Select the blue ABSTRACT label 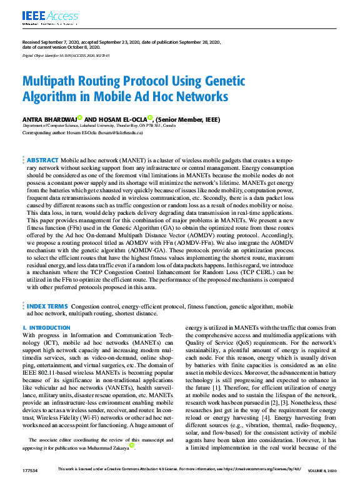[43, 161]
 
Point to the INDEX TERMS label [47, 307]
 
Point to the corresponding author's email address [122, 133]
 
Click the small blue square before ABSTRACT [24, 161]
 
